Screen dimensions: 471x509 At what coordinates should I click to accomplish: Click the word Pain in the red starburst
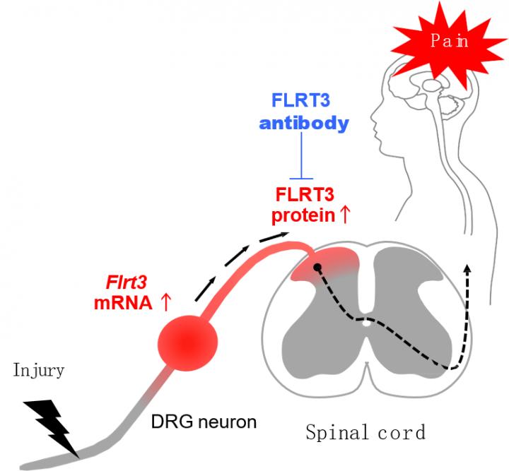tap(449, 41)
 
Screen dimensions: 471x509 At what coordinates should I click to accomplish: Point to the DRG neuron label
tap(204, 422)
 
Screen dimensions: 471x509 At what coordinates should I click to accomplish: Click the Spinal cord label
tap(365, 431)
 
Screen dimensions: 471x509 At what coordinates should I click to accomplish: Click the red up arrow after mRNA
tap(166, 303)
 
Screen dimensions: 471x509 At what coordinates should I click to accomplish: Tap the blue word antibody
tap(303, 124)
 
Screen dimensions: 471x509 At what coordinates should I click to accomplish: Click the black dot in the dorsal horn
tap(317, 268)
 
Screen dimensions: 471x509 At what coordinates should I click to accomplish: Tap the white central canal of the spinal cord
tap(365, 324)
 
